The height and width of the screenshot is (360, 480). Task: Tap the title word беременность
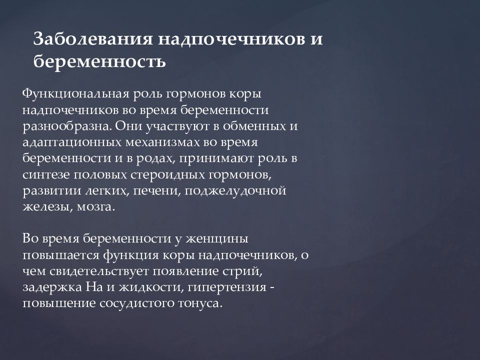tap(99, 61)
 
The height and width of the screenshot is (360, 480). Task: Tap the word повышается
tap(61, 255)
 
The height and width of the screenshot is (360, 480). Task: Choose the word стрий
tap(244, 271)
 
